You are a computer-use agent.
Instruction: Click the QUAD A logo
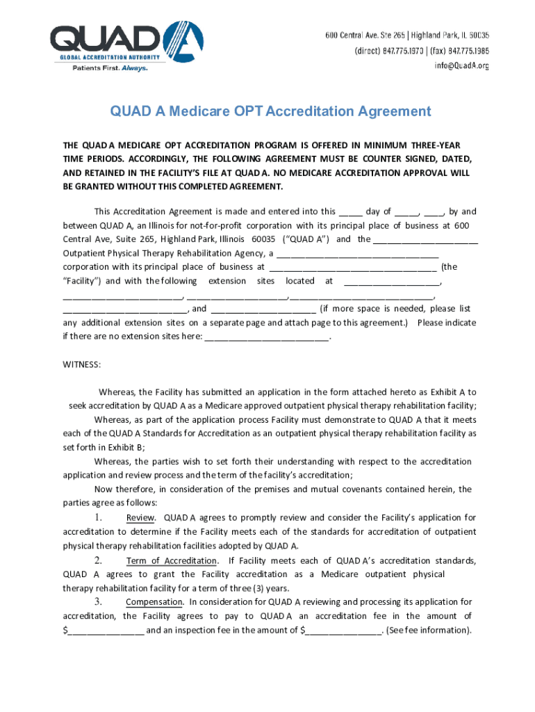[x=126, y=42]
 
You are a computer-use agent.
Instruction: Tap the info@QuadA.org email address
[x=462, y=66]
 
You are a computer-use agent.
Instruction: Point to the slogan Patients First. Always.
[x=110, y=68]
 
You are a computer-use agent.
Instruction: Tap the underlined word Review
[x=141, y=518]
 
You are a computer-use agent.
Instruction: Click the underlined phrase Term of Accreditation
[x=172, y=561]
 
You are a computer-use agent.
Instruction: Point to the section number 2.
[x=99, y=560]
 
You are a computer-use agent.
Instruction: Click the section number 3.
[x=99, y=601]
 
